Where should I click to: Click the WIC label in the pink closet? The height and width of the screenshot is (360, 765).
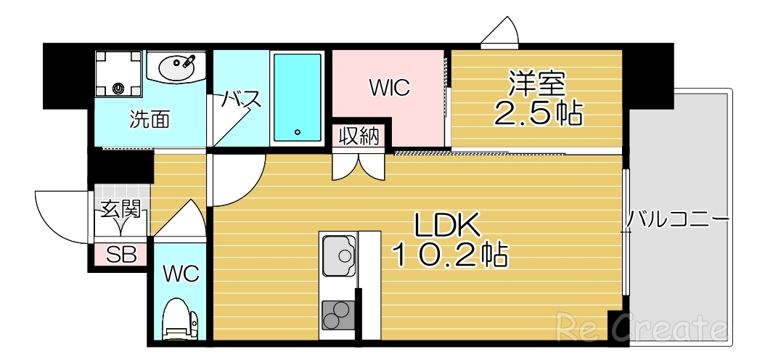click(x=389, y=89)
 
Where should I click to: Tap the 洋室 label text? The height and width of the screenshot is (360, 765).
click(x=537, y=84)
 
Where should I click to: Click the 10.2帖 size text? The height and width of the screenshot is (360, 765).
click(x=449, y=255)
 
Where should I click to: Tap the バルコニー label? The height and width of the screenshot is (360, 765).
click(x=677, y=218)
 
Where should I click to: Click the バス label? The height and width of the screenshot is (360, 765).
click(x=241, y=99)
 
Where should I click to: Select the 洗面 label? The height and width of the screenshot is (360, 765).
click(x=150, y=120)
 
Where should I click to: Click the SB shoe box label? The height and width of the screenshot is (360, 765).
click(x=120, y=255)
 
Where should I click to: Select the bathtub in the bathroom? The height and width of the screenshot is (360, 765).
click(x=298, y=97)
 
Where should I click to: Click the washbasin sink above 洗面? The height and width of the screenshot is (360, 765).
click(x=176, y=69)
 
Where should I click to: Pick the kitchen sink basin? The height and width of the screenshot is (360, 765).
click(x=338, y=255)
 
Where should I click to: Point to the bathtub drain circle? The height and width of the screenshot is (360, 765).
click(x=298, y=132)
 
